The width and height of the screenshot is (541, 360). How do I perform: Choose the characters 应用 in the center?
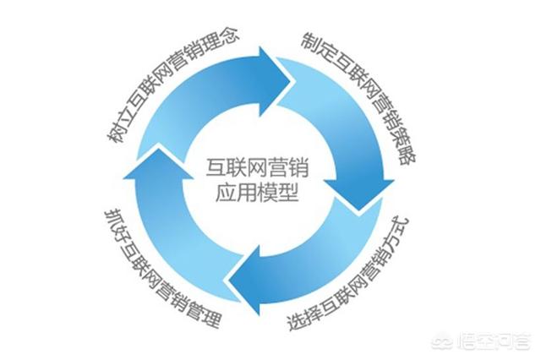tap(236, 194)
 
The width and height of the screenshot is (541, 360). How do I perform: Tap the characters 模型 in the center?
tap(278, 194)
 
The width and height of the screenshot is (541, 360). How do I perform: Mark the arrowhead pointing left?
tap(246, 280)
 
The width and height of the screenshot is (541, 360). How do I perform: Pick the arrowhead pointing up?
tap(159, 163)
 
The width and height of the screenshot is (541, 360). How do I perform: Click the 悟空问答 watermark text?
tap(495, 342)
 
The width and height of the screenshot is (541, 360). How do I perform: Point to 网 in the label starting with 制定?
tap(366, 88)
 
